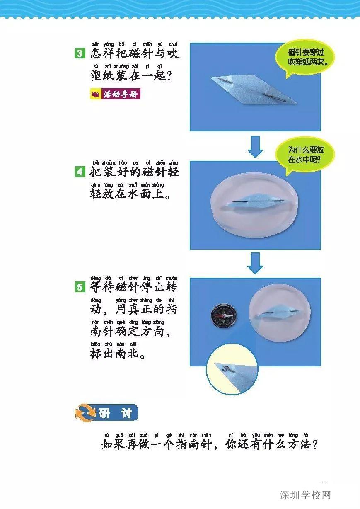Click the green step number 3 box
[80, 53]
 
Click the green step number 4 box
[80, 171]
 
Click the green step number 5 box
[80, 286]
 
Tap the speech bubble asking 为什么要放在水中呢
[306, 155]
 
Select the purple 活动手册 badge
[115, 95]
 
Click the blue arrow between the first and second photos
[255, 146]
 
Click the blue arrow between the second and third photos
[255, 263]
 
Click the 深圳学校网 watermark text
[305, 495]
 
